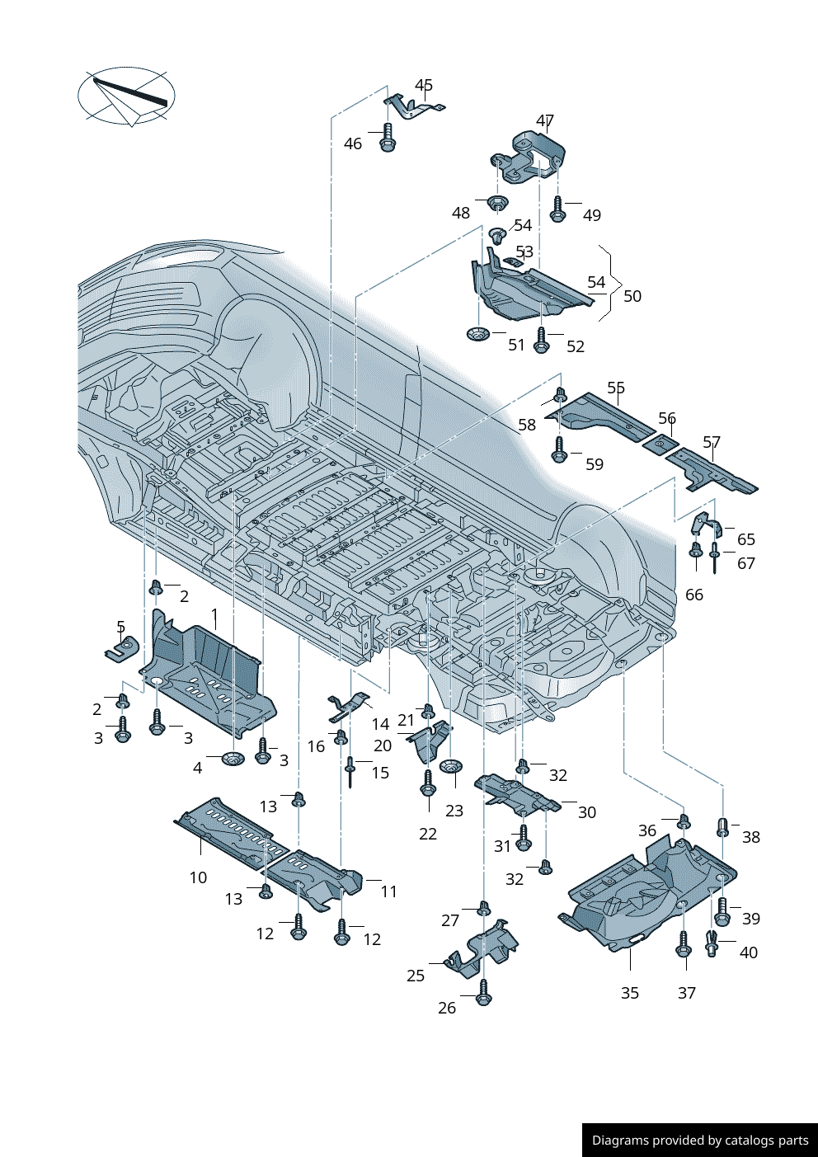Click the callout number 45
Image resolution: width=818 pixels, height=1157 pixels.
click(x=423, y=86)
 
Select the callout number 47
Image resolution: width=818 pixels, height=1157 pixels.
click(x=544, y=121)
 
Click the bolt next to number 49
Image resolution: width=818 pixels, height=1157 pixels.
click(x=557, y=208)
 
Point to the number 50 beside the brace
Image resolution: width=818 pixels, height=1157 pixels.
click(x=632, y=296)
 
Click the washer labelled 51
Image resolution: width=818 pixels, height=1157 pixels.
click(x=477, y=334)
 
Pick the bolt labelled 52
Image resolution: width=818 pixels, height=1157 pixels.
click(x=541, y=340)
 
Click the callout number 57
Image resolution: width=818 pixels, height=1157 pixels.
click(x=711, y=443)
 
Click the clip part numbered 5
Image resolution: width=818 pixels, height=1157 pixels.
click(x=123, y=647)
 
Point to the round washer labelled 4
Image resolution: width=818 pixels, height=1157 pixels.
click(x=233, y=758)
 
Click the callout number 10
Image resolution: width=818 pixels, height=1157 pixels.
click(x=198, y=878)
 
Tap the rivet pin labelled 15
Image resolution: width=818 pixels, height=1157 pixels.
click(x=350, y=771)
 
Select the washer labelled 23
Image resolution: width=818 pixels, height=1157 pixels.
click(x=450, y=767)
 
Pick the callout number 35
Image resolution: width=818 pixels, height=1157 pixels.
click(x=629, y=993)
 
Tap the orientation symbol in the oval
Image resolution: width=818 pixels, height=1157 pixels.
click(x=126, y=96)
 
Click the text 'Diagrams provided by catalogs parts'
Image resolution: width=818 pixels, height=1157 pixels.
click(x=699, y=1140)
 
